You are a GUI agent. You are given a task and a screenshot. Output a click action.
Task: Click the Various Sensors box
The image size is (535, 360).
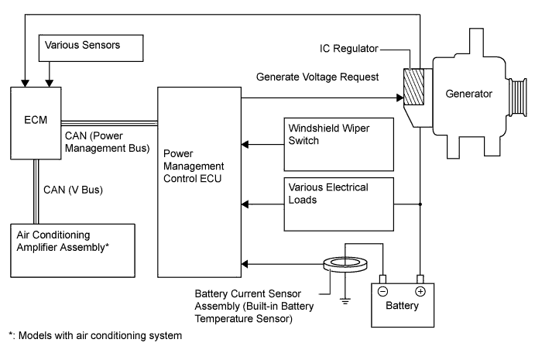91,47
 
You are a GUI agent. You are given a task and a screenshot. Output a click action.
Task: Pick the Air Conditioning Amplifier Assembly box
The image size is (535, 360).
69,249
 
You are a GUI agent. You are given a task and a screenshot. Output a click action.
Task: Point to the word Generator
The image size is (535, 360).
469,94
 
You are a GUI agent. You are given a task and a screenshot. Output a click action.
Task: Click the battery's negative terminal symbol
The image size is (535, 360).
382,291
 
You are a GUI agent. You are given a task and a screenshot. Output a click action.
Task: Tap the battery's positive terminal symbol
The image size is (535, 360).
421,291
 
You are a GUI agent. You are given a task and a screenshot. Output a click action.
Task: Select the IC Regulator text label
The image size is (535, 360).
349,49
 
